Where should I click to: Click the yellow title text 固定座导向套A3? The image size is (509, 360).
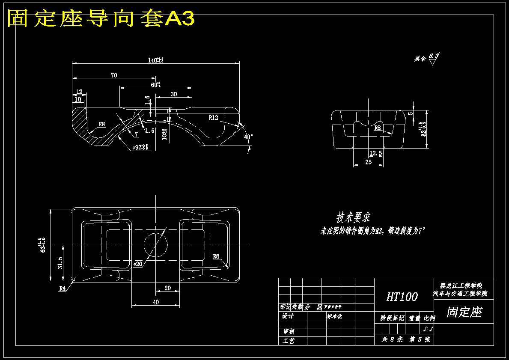click(101, 18)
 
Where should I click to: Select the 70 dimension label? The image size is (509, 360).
click(114, 75)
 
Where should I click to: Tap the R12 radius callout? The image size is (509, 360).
click(213, 117)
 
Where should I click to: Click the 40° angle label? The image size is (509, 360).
click(248, 137)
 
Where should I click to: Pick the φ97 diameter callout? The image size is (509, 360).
click(140, 147)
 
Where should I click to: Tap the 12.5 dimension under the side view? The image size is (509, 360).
click(375, 153)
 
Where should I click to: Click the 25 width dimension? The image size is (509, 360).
click(368, 162)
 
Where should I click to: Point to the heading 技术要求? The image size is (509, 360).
click(353, 217)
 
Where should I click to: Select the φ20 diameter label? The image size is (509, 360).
click(138, 264)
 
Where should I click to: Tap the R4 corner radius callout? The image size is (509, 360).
click(63, 289)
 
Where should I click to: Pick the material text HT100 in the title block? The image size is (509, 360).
click(402, 297)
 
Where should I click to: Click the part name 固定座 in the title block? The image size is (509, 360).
click(464, 312)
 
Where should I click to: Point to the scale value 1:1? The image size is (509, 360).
click(428, 329)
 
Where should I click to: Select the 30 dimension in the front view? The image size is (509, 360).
click(173, 94)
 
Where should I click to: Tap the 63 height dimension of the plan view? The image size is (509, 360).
click(43, 244)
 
